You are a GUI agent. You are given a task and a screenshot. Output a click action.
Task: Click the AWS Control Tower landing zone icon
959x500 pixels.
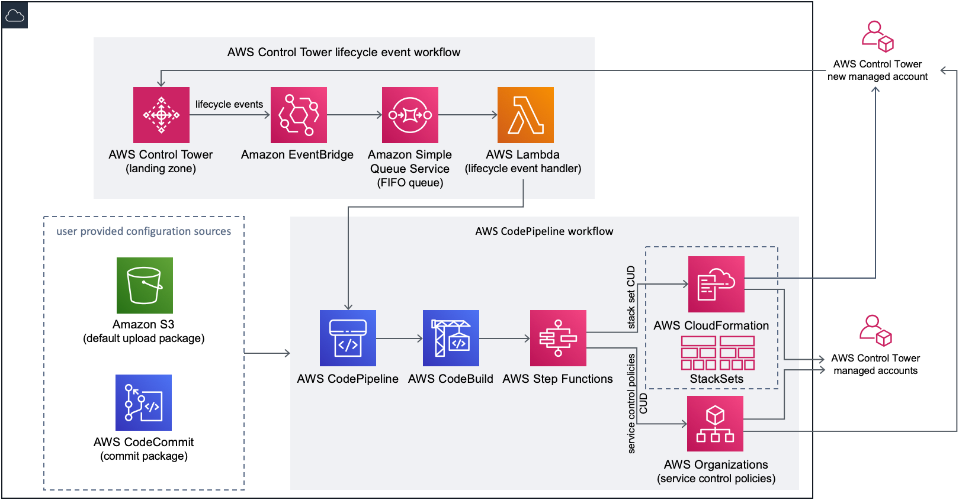click(x=161, y=115)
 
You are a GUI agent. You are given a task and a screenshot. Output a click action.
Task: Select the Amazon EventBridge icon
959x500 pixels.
click(x=299, y=115)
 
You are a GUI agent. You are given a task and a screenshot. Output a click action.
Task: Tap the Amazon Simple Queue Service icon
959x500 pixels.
click(x=410, y=115)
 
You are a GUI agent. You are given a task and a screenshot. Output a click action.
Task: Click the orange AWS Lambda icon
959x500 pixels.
click(x=525, y=115)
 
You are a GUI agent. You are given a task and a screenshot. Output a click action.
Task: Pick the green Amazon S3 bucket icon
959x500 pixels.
click(x=145, y=285)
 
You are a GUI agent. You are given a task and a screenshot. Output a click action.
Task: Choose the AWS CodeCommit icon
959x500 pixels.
click(x=143, y=402)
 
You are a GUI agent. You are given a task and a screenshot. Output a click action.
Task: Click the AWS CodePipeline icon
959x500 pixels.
click(x=348, y=338)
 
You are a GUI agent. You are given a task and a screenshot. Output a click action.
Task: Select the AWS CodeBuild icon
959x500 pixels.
click(x=451, y=338)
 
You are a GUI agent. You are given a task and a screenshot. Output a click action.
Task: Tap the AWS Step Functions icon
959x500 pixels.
click(x=558, y=338)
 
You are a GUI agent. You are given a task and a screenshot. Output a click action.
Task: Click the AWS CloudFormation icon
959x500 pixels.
click(x=716, y=284)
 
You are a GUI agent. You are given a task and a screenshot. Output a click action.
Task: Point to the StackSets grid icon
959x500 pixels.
click(x=717, y=353)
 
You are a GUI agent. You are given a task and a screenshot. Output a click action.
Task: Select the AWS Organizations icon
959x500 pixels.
click(x=715, y=424)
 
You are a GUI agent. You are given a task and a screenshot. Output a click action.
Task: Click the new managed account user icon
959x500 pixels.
click(x=877, y=37)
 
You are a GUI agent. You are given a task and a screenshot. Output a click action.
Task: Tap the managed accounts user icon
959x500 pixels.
click(x=875, y=330)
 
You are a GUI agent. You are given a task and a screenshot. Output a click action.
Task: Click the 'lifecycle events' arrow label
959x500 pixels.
click(x=229, y=104)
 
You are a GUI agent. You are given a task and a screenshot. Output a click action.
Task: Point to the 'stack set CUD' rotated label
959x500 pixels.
click(x=631, y=297)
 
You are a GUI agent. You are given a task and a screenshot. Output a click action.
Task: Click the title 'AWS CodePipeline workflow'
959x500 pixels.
click(x=544, y=231)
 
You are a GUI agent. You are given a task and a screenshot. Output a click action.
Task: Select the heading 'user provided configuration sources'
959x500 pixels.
click(x=144, y=231)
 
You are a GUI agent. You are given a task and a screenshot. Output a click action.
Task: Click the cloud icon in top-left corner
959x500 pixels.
click(x=15, y=15)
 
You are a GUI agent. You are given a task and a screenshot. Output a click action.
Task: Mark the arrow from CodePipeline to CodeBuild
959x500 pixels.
click(x=399, y=338)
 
